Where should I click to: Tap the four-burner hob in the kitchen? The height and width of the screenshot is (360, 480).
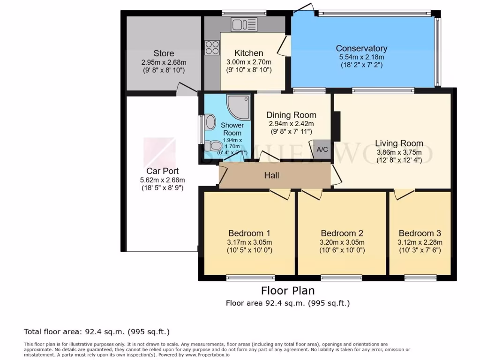tap(212, 48)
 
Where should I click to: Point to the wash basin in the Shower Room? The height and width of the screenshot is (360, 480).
tap(210, 122)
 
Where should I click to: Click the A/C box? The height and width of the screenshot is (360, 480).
tap(322, 149)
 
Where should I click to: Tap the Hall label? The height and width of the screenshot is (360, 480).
tap(271, 175)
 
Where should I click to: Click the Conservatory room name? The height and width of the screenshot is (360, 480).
tap(361, 48)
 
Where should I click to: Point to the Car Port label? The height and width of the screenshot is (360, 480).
tap(162, 171)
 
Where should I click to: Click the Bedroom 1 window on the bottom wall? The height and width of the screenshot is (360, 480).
tap(250, 278)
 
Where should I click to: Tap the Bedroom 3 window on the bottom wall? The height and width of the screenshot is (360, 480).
tap(420, 278)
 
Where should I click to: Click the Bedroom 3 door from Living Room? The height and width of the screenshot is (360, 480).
tap(404, 194)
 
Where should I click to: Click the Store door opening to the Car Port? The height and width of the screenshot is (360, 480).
tap(187, 88)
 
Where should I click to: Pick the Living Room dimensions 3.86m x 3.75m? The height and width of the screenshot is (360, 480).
tap(399, 152)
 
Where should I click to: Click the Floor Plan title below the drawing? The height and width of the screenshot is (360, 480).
tap(287, 291)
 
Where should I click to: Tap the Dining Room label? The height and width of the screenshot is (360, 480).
tap(291, 115)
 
